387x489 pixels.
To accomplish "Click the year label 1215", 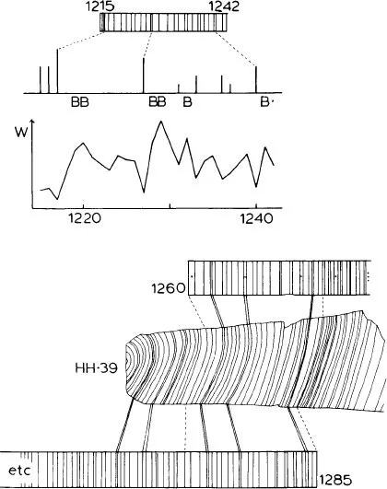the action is (100, 6).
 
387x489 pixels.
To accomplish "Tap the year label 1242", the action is (224, 6).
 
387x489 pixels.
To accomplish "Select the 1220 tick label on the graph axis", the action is (85, 218).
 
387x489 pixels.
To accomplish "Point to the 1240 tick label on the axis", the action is (256, 218).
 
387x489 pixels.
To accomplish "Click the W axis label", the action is (21, 133).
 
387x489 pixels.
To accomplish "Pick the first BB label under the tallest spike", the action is (80, 102).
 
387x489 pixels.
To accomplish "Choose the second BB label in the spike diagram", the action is (158, 101).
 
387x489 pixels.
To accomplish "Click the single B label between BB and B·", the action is (187, 101).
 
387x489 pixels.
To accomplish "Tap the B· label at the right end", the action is (266, 102).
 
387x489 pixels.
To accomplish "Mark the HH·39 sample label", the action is (97, 368).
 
